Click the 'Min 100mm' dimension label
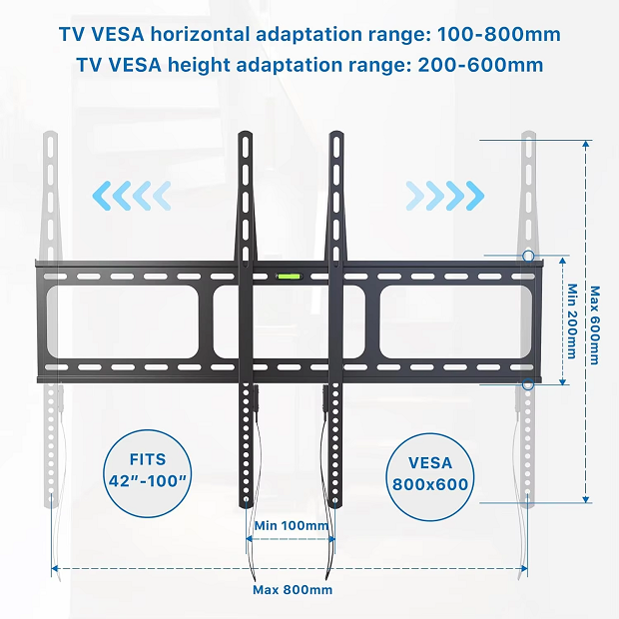(x=291, y=525)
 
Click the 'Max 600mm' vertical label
(x=595, y=324)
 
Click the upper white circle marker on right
(x=527, y=257)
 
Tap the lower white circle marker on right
(x=527, y=384)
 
